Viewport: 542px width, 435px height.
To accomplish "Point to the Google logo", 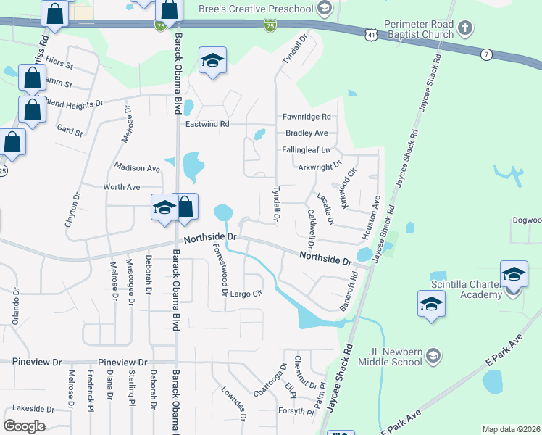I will (24, 426).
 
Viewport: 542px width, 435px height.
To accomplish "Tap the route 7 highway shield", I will (486, 54).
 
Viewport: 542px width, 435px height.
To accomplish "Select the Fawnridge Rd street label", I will (307, 116).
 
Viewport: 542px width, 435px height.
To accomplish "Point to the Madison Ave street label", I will (137, 167).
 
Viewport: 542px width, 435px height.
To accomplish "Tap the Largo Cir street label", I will (247, 294).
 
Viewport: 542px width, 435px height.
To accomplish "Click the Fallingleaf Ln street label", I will (306, 150).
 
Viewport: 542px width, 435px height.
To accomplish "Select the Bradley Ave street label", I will (307, 133).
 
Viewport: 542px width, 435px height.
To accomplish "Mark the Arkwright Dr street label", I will (320, 167).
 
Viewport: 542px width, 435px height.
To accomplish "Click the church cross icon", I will (465, 29).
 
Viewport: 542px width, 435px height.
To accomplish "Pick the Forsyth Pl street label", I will (296, 412).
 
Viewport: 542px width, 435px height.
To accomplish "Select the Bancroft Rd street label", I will (348, 291).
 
